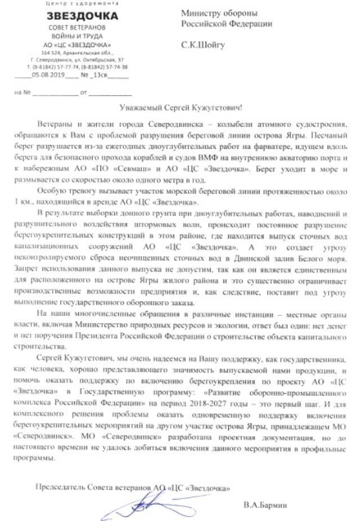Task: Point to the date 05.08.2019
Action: pos(47,74)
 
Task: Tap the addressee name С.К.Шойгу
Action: pos(202,44)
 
